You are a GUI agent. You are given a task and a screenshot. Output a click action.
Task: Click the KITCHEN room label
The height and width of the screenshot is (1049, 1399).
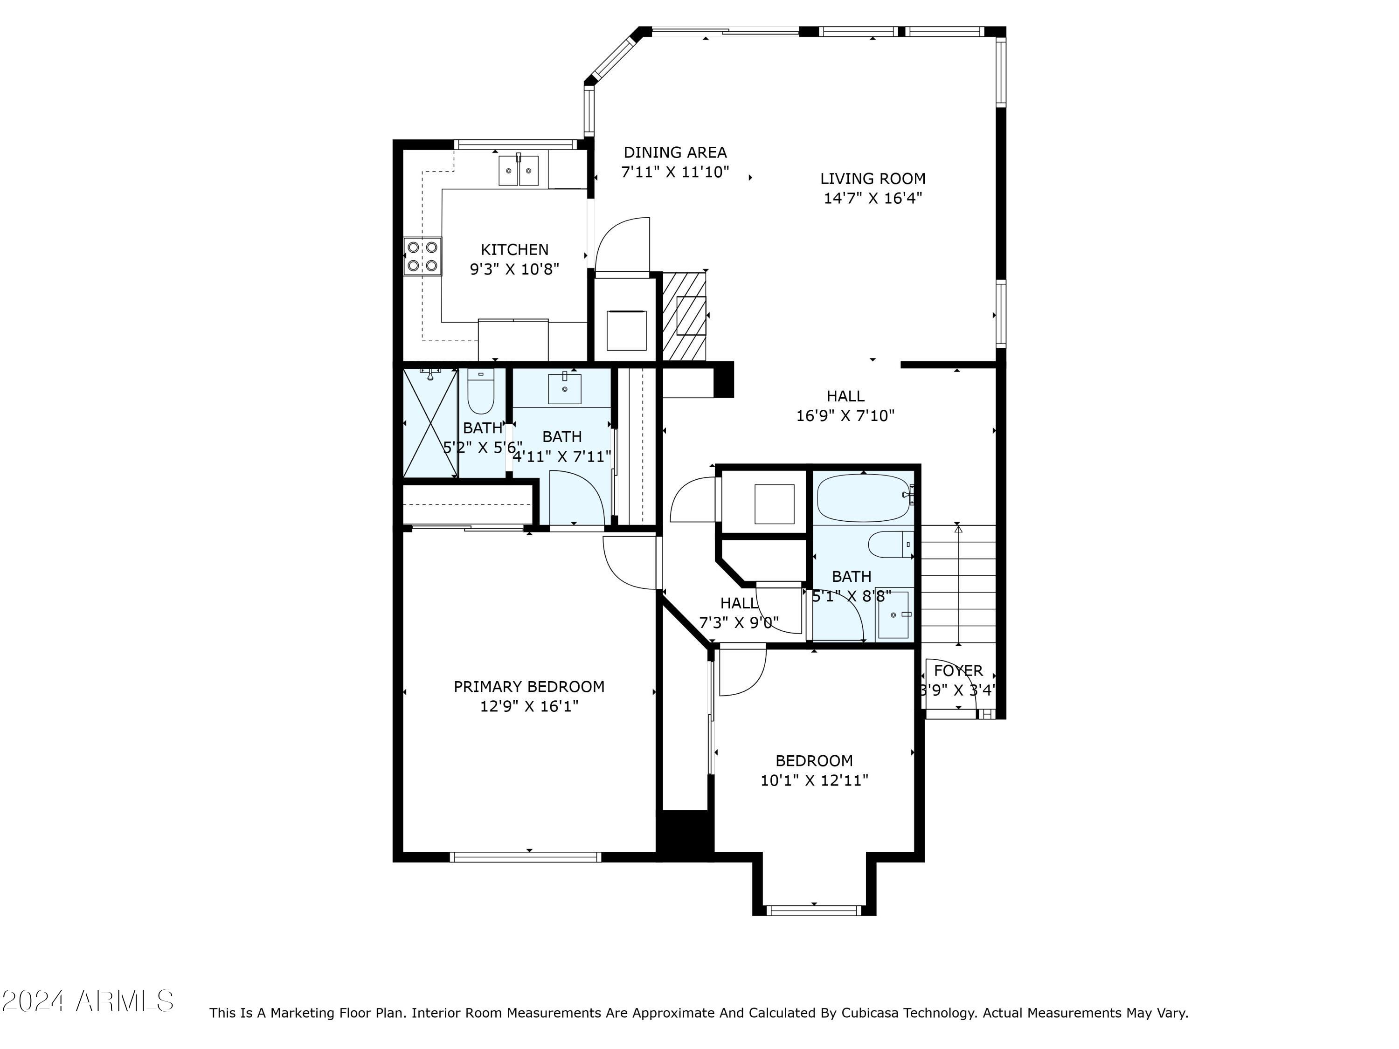(x=514, y=250)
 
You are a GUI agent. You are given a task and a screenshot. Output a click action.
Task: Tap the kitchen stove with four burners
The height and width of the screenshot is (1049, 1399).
(x=422, y=256)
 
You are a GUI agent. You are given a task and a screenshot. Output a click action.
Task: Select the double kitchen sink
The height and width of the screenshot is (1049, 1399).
(x=518, y=171)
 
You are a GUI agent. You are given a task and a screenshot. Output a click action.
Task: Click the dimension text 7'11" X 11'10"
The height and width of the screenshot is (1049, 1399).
(x=675, y=172)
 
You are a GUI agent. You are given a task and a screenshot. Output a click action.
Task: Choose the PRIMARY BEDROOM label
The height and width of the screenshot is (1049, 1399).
(x=529, y=687)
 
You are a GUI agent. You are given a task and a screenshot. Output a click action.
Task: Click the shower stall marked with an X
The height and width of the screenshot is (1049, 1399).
(x=430, y=423)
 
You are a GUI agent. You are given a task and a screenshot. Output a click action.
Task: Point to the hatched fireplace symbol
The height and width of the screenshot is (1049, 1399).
(x=684, y=316)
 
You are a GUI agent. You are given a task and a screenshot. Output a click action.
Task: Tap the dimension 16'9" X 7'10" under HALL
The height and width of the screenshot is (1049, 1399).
(x=845, y=416)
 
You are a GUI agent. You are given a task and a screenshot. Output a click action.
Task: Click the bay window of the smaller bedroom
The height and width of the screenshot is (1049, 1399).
(x=813, y=910)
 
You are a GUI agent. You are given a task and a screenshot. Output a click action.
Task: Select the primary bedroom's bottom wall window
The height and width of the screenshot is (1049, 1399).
(x=526, y=857)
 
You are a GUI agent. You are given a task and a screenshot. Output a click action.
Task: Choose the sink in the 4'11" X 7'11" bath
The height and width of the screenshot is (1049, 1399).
(x=564, y=388)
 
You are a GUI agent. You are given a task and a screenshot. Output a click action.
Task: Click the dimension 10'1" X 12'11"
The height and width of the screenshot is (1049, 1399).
(x=814, y=780)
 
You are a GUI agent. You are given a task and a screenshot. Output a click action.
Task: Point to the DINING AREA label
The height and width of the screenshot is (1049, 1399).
(x=675, y=152)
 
